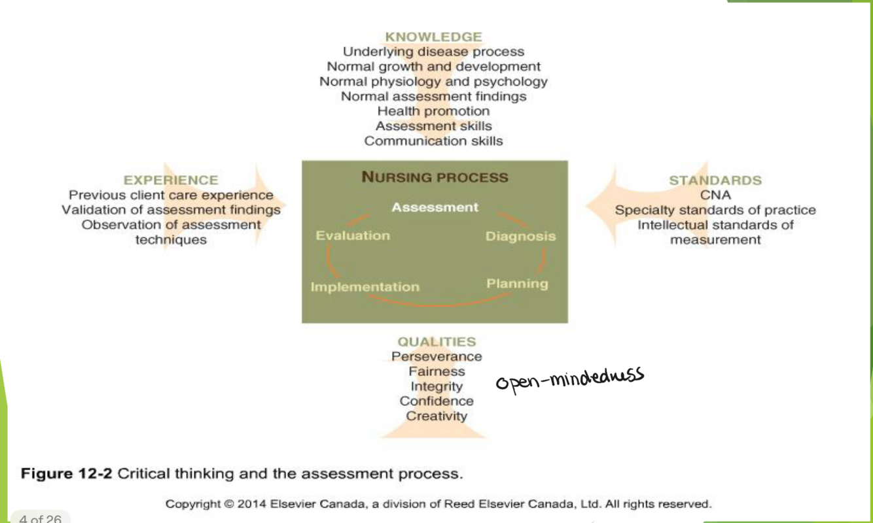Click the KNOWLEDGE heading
(433, 37)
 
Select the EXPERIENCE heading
(171, 180)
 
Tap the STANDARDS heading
(715, 180)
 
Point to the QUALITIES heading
(436, 341)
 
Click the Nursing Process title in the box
(435, 177)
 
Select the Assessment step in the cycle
(435, 207)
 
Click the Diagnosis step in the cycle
(520, 236)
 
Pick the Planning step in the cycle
(517, 283)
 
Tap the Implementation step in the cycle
(365, 286)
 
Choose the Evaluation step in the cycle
(353, 235)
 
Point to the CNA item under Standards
(715, 195)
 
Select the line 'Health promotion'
(433, 111)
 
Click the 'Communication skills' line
(433, 141)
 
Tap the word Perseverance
(436, 356)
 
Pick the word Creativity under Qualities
(436, 416)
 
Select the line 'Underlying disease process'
(433, 51)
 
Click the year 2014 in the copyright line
(251, 504)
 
